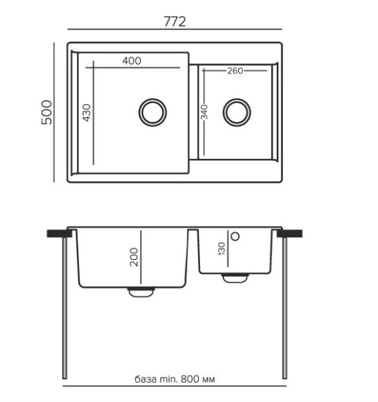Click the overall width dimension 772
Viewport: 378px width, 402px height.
coord(175,21)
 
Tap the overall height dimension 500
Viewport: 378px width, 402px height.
coord(47,113)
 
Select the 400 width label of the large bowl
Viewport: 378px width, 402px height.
coord(132,61)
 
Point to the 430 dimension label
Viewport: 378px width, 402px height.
coord(87,113)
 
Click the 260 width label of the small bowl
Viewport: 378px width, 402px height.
coord(235,70)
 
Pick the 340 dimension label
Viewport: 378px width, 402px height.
coord(205,113)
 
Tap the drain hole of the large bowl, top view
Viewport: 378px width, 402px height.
coord(153,113)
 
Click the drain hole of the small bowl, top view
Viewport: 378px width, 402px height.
coord(237,113)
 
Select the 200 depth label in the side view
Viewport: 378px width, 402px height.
coord(134,257)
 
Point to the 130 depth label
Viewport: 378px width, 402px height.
coord(221,249)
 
